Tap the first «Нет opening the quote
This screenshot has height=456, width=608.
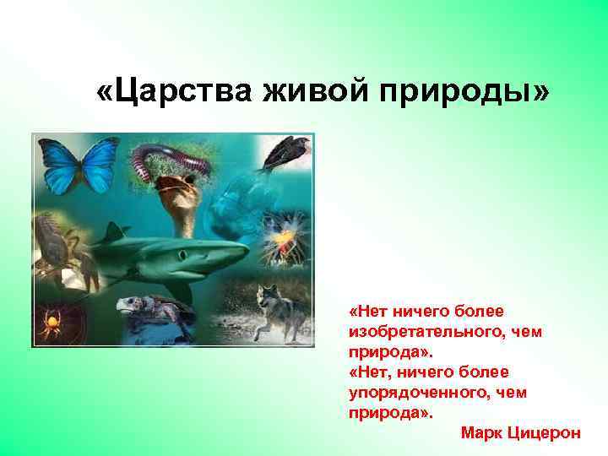pyautogui.click(x=366, y=312)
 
